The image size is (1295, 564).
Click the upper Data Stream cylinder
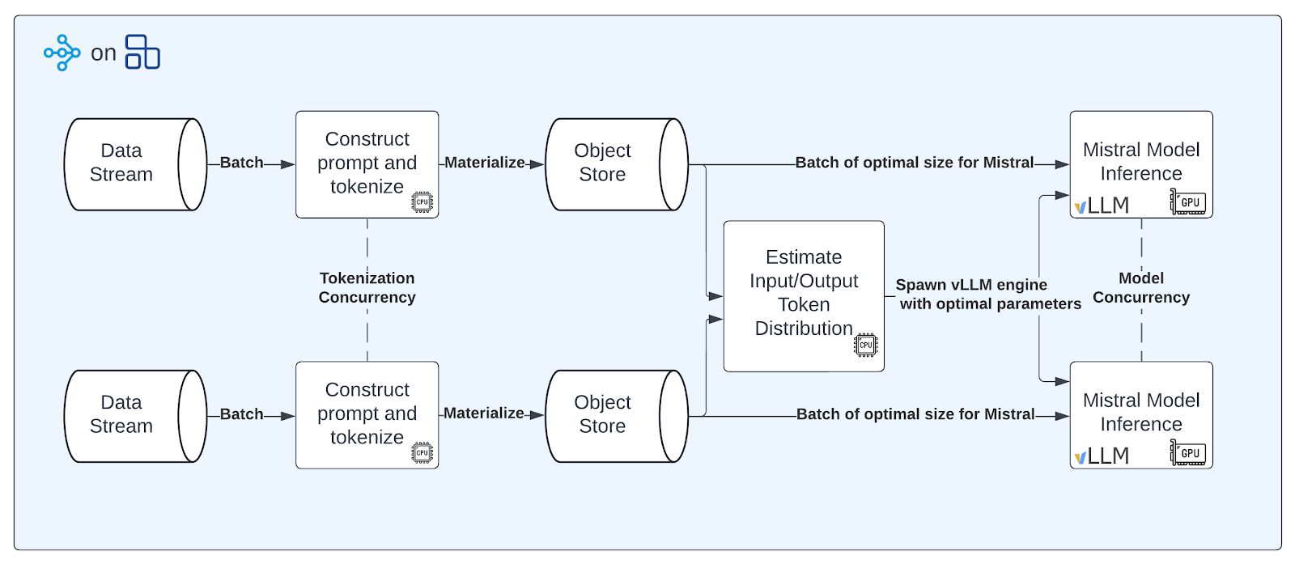[135, 165]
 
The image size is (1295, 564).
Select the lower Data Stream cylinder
[135, 416]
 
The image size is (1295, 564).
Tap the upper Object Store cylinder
[617, 165]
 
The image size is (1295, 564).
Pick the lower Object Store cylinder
[617, 416]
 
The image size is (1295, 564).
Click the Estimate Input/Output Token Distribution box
[804, 296]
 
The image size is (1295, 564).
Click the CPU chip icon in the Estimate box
[865, 345]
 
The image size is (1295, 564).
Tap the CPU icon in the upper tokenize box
[422, 202]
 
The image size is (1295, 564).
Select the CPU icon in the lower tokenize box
[422, 452]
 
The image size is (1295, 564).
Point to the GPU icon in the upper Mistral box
[1188, 201]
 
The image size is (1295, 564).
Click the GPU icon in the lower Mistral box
[1188, 452]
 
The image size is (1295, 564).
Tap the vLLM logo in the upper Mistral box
[1102, 206]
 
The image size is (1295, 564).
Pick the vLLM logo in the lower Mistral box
[1102, 456]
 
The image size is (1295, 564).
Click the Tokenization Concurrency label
[367, 288]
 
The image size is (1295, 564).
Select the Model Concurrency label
[1141, 288]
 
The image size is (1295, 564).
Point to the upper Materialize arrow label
[485, 163]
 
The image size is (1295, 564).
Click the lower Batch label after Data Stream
[242, 414]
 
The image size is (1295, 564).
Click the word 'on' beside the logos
[104, 53]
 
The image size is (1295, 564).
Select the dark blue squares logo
[142, 52]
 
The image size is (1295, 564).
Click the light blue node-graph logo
[62, 53]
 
